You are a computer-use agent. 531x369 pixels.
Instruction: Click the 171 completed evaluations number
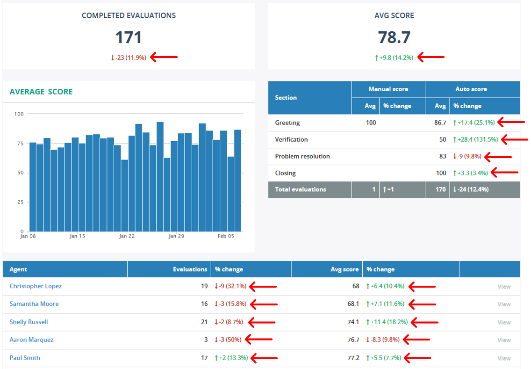[x=129, y=37]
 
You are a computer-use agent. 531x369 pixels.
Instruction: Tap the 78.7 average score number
[x=394, y=37]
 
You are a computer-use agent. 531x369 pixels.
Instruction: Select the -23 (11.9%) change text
[x=129, y=58]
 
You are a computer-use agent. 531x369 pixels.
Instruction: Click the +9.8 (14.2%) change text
[x=394, y=58]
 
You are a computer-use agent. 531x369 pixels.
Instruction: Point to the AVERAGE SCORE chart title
[x=41, y=92]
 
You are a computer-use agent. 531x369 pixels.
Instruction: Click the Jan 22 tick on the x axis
[x=127, y=236]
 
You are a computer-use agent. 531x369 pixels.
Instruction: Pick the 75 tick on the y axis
[x=19, y=144]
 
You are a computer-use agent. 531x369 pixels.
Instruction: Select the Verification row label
[x=291, y=139]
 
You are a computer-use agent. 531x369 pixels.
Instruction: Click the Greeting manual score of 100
[x=371, y=123]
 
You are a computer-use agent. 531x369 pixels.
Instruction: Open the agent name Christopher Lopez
[x=36, y=286]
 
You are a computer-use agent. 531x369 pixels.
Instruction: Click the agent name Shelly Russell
[x=29, y=322]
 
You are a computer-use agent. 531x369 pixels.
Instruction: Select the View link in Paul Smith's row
[x=504, y=358]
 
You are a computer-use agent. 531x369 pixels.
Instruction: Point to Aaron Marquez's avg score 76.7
[x=353, y=340]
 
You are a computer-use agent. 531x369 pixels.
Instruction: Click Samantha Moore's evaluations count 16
[x=204, y=304]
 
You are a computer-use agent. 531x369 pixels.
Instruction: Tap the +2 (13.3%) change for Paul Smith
[x=231, y=358]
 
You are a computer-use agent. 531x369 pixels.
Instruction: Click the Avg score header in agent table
[x=345, y=269]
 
